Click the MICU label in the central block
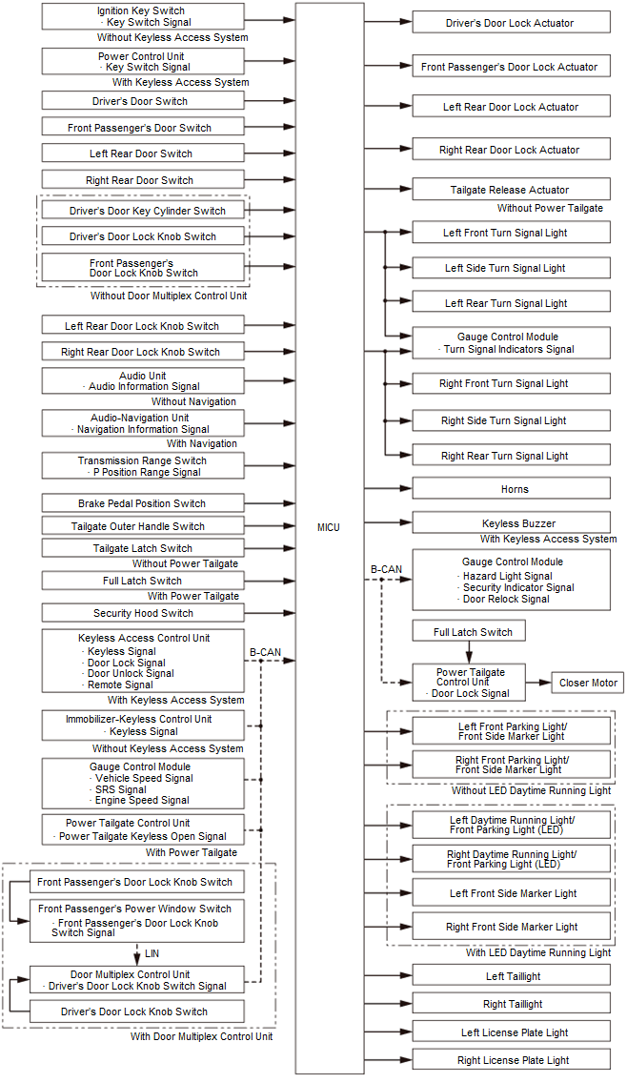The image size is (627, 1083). pos(328,527)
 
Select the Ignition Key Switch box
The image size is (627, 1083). pos(143,16)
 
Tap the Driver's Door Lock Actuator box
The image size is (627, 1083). pos(511,23)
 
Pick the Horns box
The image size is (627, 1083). pos(511,489)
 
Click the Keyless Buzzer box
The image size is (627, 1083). pos(511,523)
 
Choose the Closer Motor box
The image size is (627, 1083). pos(587,683)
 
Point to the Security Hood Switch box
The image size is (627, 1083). pos(143,613)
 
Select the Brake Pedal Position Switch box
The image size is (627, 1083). pos(143,503)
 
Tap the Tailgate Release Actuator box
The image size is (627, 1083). pos(511,190)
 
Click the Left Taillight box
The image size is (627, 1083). pos(511,976)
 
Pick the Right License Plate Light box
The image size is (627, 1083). pos(511,1060)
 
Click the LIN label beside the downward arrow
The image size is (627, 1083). pos(152,952)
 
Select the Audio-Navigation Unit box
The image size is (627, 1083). pos(143,423)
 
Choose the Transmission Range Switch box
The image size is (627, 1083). pos(143,466)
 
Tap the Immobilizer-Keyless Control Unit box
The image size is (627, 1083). pos(143,725)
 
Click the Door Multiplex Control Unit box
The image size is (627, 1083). pos(143,980)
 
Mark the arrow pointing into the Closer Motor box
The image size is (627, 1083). pos(542,683)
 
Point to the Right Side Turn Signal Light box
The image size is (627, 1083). pos(511,420)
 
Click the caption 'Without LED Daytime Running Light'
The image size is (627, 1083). pos(531,790)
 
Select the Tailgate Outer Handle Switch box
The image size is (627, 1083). pos(143,526)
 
